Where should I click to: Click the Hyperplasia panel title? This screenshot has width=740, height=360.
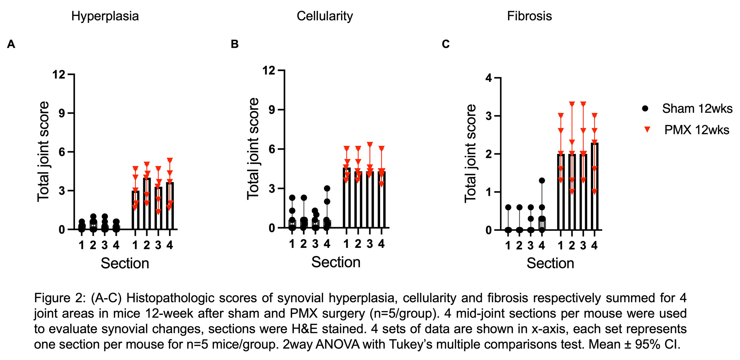[105, 16]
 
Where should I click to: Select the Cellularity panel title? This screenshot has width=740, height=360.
[324, 16]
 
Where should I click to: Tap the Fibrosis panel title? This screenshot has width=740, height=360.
[529, 16]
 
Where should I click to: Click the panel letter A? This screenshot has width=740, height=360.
[11, 44]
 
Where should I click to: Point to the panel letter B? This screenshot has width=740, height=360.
[235, 44]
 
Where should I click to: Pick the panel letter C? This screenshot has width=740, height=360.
[445, 44]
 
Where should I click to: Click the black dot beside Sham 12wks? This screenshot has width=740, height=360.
[645, 108]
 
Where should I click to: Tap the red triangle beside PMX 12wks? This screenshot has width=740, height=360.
[647, 129]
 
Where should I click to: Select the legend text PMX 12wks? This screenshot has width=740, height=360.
[697, 130]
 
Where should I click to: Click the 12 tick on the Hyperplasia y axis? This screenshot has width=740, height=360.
[59, 75]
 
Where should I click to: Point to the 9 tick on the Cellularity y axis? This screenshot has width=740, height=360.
[272, 110]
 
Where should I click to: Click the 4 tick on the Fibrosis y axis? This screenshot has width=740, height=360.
[489, 78]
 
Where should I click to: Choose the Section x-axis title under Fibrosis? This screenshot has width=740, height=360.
[550, 263]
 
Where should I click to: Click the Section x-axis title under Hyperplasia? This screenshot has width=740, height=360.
[125, 263]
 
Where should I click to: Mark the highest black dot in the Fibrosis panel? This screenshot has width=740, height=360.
[542, 181]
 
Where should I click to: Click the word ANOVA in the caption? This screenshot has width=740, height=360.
[336, 344]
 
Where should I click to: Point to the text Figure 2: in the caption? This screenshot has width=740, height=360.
[57, 298]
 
